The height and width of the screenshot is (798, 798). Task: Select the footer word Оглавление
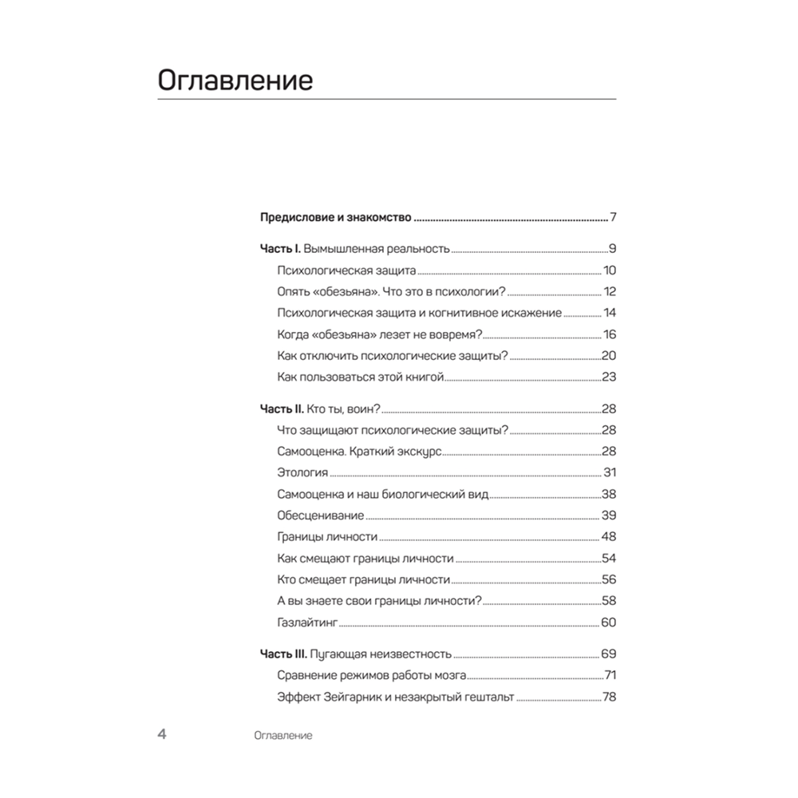(281, 735)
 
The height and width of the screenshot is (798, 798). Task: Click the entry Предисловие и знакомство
(336, 217)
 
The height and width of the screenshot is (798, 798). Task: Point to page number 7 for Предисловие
(613, 217)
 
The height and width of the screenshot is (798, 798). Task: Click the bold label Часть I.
(280, 248)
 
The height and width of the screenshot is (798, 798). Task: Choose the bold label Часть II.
(282, 409)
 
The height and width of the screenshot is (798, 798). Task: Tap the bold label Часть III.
(283, 654)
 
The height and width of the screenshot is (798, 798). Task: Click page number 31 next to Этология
(610, 472)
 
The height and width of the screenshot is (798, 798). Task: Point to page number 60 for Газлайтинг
(609, 622)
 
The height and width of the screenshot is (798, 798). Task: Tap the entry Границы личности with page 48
(327, 537)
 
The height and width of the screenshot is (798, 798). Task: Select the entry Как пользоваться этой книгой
(360, 377)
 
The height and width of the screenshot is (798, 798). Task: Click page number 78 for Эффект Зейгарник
(610, 697)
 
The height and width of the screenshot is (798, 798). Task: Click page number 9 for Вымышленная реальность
(612, 248)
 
